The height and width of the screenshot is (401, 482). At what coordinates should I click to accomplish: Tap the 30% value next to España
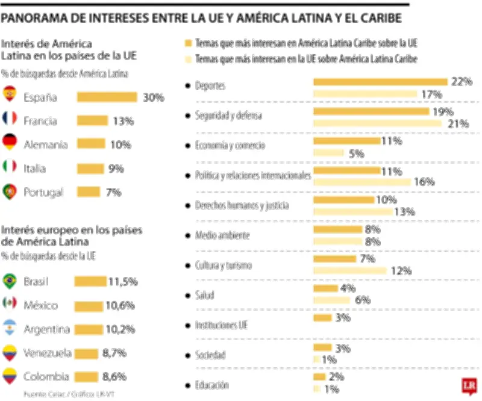click(x=154, y=97)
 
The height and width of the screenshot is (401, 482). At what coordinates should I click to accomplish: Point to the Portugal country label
click(x=43, y=193)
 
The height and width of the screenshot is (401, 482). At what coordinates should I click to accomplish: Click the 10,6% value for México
click(x=120, y=305)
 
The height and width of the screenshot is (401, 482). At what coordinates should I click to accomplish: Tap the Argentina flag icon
click(x=10, y=329)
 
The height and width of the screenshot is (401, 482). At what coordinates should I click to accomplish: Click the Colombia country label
click(x=45, y=378)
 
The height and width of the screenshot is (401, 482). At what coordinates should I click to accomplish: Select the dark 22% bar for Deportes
click(x=380, y=81)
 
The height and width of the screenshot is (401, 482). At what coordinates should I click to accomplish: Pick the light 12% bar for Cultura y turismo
click(x=349, y=271)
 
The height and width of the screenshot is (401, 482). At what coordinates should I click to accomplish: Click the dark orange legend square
click(x=188, y=44)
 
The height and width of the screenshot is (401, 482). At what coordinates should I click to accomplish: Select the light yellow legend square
click(x=188, y=59)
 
